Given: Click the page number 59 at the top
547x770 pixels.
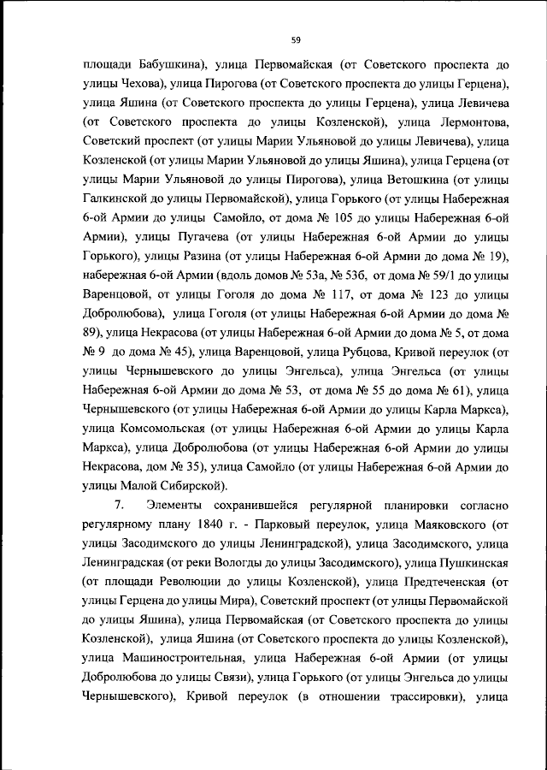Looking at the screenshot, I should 296,39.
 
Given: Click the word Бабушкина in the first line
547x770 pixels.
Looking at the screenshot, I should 160,64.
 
